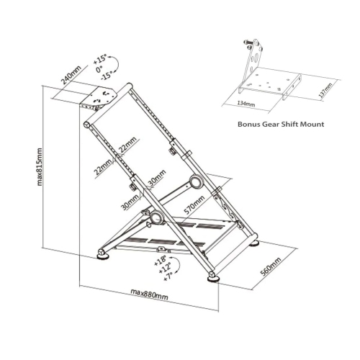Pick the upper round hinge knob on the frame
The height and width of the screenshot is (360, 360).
click(x=195, y=181)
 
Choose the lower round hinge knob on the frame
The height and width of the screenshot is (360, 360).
click(x=154, y=217)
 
